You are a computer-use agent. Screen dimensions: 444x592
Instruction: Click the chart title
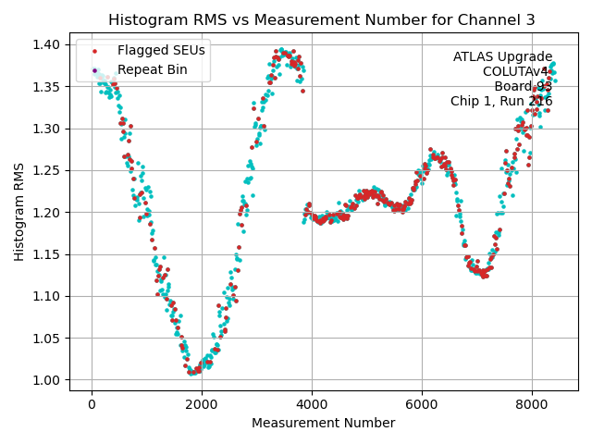tap(321, 19)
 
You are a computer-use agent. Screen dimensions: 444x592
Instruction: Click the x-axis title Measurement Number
tap(324, 423)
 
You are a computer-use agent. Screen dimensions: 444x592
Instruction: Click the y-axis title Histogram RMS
tap(19, 212)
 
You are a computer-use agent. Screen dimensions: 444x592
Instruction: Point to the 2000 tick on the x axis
tap(202, 404)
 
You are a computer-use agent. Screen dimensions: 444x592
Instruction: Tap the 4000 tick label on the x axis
tap(312, 404)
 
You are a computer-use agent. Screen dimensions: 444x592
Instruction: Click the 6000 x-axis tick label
tap(422, 404)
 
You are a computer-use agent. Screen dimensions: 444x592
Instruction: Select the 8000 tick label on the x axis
tap(531, 404)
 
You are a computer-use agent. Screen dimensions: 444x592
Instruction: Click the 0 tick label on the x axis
tap(92, 404)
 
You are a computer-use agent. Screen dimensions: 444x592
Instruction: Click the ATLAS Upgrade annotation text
tap(502, 57)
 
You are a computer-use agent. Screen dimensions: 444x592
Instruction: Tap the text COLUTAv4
tap(517, 72)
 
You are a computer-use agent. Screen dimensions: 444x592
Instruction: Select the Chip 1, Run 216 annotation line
tap(501, 102)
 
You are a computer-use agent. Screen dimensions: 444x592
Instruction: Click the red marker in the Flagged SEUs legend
tap(94, 50)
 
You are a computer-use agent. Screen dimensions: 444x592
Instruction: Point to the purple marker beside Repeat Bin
tap(94, 69)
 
